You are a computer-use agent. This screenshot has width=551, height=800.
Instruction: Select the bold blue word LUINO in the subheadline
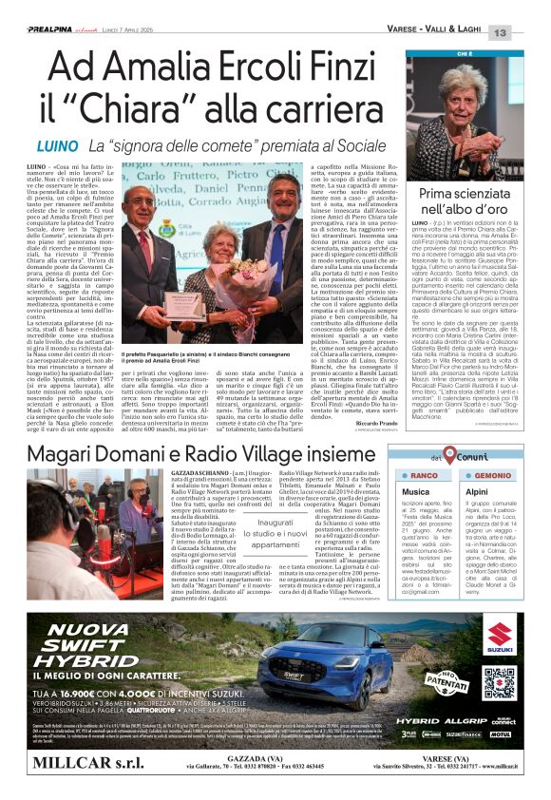point(56,147)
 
